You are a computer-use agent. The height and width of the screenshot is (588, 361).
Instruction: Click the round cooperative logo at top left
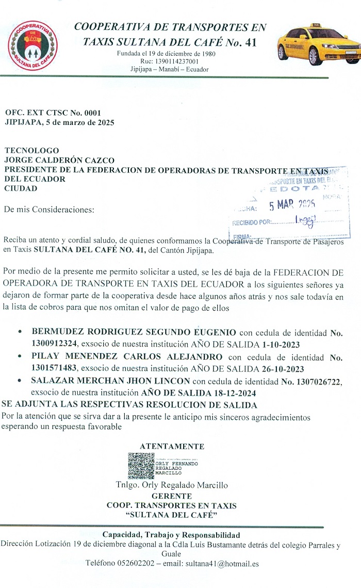[34, 45]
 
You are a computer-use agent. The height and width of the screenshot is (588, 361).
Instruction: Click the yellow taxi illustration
[317, 45]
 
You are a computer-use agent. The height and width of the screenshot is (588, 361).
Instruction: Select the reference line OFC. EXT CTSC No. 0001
[53, 113]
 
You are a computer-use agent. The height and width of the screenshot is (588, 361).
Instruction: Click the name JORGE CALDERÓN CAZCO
[59, 160]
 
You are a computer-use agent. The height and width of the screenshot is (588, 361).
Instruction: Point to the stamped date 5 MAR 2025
[293, 205]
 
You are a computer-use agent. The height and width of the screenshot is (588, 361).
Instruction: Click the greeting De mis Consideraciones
[50, 210]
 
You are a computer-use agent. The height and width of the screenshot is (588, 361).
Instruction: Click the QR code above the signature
[141, 466]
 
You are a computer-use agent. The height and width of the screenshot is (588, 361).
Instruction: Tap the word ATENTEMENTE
[172, 447]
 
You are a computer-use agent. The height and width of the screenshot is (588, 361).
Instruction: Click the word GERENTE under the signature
[172, 496]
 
